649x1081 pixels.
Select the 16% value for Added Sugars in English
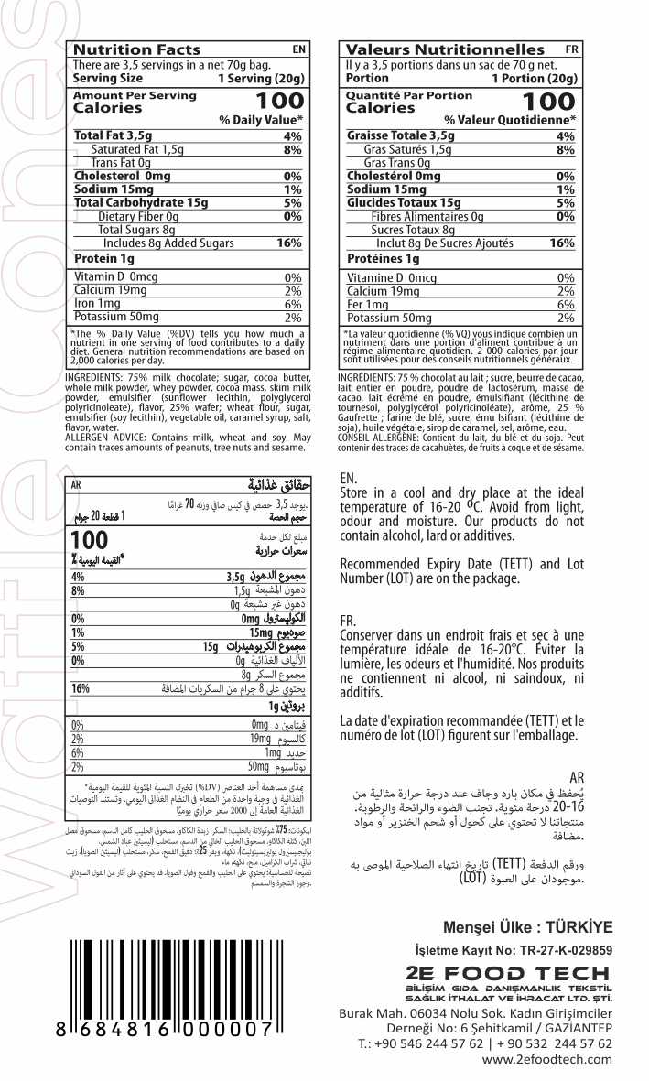tap(288, 243)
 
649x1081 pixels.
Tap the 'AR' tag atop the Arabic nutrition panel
tap(76, 485)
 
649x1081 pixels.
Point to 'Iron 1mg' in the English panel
tap(97, 304)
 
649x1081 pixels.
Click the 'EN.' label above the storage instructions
tap(348, 478)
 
